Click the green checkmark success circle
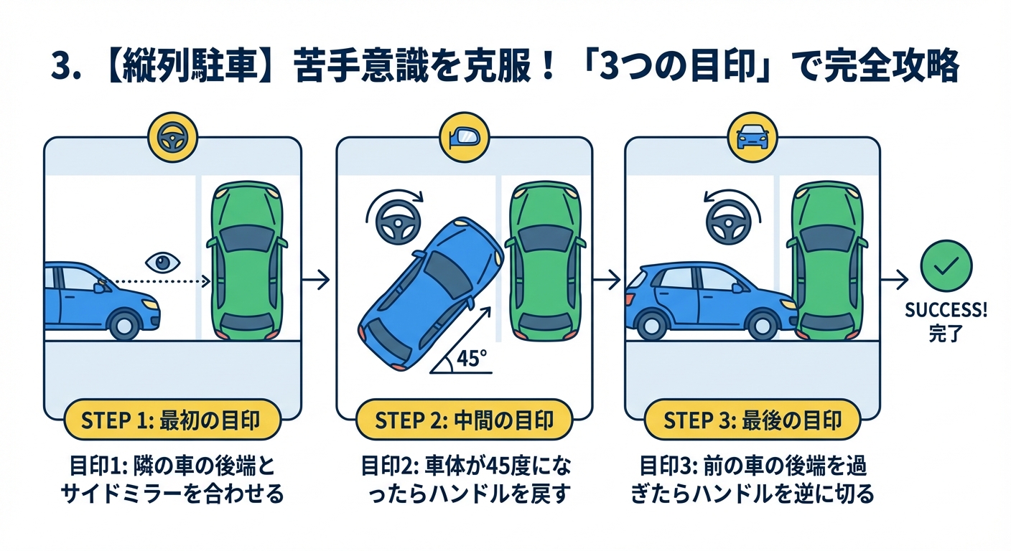pyautogui.click(x=946, y=265)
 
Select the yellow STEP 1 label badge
pyautogui.click(x=171, y=420)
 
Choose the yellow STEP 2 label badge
pyautogui.click(x=465, y=420)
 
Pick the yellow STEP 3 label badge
pyautogui.click(x=752, y=420)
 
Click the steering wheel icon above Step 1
pyautogui.click(x=171, y=138)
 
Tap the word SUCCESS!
pyautogui.click(x=946, y=311)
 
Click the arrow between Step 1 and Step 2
pyautogui.click(x=316, y=280)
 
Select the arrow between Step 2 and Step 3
pyautogui.click(x=608, y=280)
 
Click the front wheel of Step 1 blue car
pyautogui.click(x=125, y=324)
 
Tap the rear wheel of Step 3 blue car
pyautogui.click(x=652, y=325)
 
